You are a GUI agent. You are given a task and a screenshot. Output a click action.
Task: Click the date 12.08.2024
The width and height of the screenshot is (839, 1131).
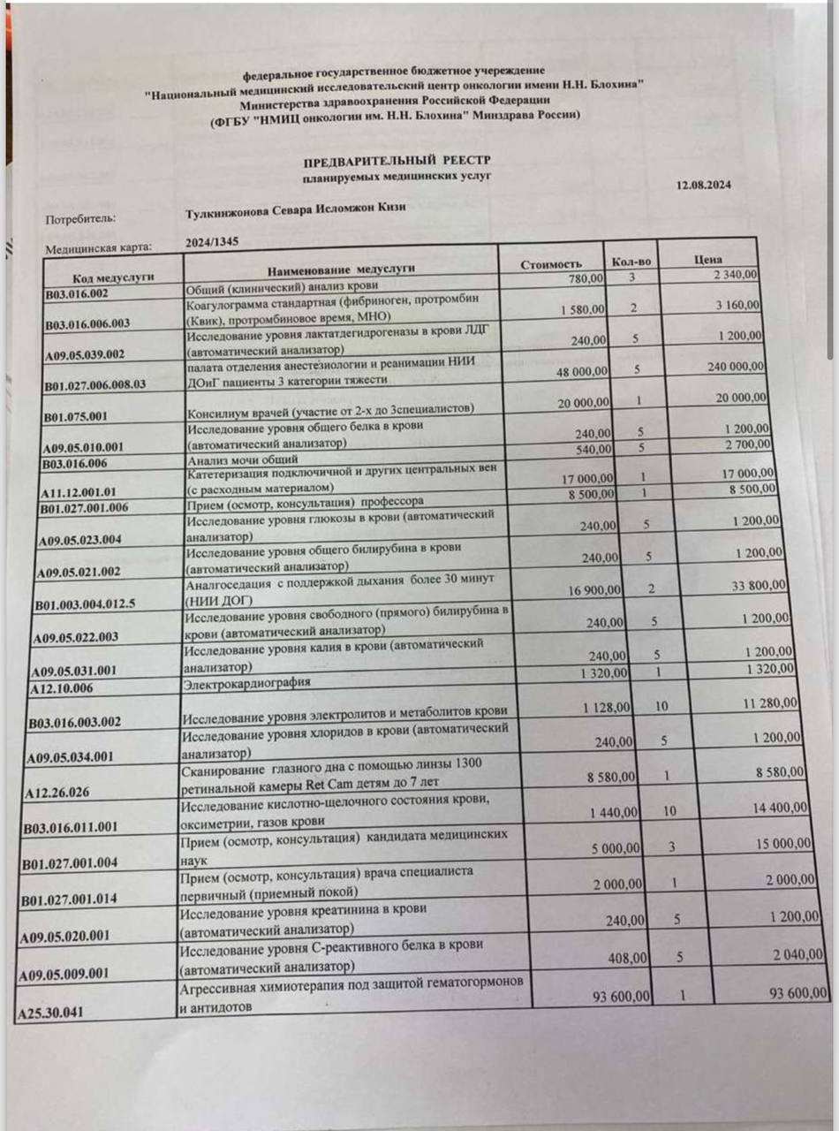(x=704, y=186)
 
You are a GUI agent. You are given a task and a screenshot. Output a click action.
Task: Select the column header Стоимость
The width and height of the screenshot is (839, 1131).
(x=550, y=264)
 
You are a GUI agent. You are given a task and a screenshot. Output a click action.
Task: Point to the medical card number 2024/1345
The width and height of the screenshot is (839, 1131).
(x=212, y=242)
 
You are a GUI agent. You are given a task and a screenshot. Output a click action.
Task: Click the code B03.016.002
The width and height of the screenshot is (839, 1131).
(x=76, y=293)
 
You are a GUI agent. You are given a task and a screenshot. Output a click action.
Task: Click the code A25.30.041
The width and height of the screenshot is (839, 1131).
(x=51, y=1013)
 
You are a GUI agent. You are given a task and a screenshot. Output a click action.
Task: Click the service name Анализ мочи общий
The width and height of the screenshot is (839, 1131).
(x=231, y=459)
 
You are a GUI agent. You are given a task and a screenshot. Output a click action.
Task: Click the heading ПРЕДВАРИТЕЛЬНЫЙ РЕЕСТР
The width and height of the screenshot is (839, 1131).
(x=397, y=160)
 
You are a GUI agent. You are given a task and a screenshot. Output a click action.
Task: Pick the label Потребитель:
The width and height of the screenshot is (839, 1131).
(x=80, y=218)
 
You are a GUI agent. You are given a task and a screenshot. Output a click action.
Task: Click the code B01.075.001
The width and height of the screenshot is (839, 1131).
(x=75, y=415)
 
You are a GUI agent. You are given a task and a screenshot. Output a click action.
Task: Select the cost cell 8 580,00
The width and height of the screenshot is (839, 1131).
(x=616, y=776)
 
